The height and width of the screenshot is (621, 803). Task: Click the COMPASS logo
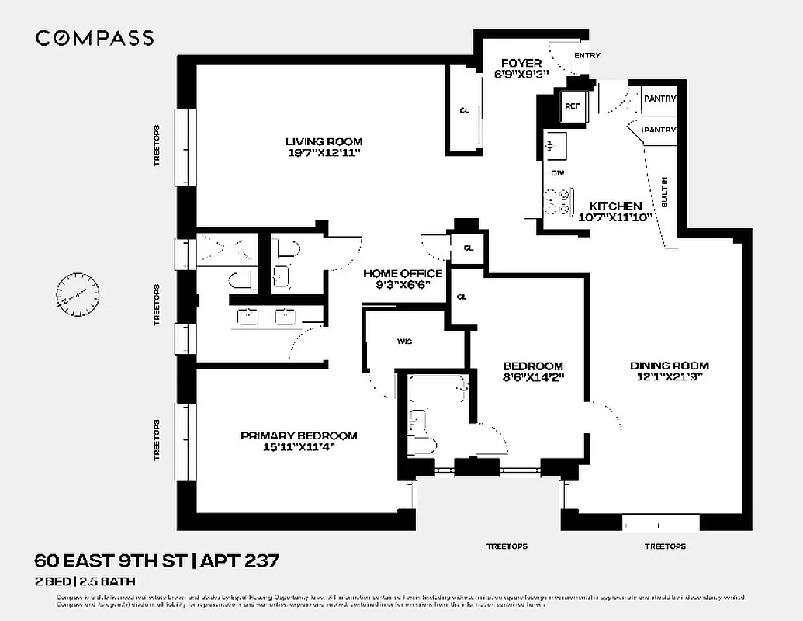click(x=95, y=38)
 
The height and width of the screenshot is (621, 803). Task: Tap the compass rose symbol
click(x=78, y=295)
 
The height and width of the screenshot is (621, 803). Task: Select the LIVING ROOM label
click(x=324, y=141)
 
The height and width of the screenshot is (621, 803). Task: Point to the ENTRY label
click(x=587, y=56)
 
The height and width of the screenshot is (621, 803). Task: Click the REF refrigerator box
click(x=573, y=106)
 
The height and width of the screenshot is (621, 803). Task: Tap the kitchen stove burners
click(x=557, y=201)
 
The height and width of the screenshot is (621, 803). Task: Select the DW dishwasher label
click(x=556, y=172)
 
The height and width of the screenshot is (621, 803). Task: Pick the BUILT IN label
click(x=665, y=191)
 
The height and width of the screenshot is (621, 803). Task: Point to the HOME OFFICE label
click(x=403, y=273)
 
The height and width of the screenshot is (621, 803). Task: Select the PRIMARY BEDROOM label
click(x=299, y=435)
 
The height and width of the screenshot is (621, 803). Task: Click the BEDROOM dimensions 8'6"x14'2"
click(x=532, y=379)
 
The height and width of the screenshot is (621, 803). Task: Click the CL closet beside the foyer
click(x=464, y=110)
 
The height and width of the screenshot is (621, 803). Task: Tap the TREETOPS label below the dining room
click(x=664, y=546)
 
